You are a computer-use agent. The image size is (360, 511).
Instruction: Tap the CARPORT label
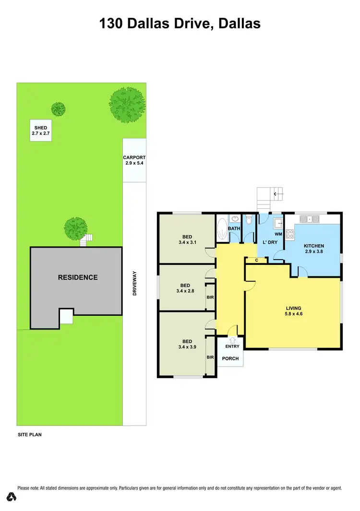coord(134,160)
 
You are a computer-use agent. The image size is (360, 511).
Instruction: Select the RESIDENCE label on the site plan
coord(78,277)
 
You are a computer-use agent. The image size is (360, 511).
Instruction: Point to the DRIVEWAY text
coord(135,283)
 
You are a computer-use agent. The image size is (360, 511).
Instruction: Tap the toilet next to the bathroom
coord(249,221)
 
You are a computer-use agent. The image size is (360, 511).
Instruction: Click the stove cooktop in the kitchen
coord(290,234)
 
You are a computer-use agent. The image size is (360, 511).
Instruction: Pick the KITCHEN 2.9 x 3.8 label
coord(314,249)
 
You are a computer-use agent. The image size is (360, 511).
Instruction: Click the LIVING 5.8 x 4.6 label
coord(293,311)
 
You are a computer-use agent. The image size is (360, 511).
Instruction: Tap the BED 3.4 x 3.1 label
coord(187,239)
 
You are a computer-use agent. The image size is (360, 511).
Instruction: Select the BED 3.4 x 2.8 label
coord(185,287)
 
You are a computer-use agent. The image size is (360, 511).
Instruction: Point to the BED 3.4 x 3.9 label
coord(187,344)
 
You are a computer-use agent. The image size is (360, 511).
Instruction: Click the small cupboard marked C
coord(257,261)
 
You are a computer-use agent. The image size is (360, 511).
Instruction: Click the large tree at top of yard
coord(127,103)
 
